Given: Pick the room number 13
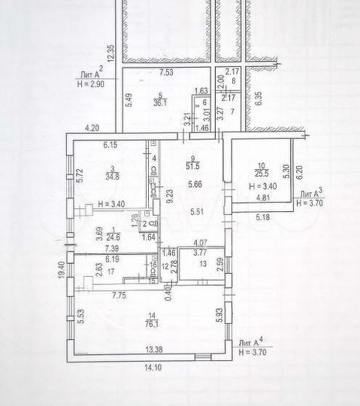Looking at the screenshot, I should (x=199, y=275).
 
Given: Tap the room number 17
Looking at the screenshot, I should (x=111, y=271).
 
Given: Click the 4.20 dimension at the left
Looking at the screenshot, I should (x=92, y=127).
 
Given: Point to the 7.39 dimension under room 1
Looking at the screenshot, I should (x=112, y=247).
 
